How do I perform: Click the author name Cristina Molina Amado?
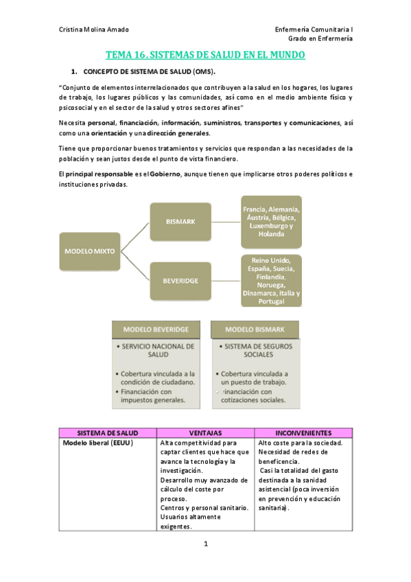click(94, 30)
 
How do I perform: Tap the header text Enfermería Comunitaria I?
click(314, 30)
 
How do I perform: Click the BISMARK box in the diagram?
click(180, 222)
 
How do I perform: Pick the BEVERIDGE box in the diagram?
click(180, 281)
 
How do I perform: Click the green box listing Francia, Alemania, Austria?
click(271, 221)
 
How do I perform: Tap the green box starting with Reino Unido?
click(271, 281)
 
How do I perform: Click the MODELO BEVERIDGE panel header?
click(156, 329)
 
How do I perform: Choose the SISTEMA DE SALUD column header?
click(108, 433)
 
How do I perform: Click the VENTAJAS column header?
click(205, 433)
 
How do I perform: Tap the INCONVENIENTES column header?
click(303, 433)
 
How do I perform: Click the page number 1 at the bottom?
click(205, 544)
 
